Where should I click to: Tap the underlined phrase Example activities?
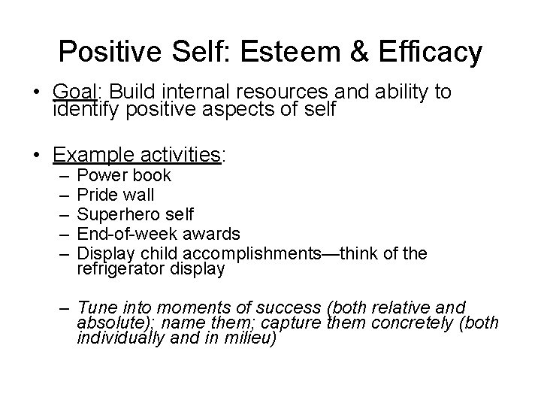pos(136,156)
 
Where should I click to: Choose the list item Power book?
pos(124,176)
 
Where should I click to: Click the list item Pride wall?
pos(116,195)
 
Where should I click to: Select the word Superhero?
pos(116,215)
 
